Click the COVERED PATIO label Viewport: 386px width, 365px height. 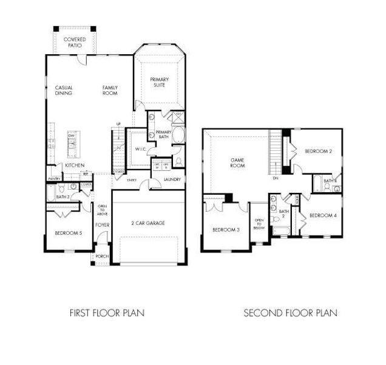75,43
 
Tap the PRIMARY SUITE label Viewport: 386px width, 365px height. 160,82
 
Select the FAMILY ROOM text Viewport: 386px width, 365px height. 110,90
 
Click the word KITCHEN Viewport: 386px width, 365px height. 74,165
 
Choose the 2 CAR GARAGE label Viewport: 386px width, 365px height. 147,223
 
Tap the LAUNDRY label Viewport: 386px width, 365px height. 172,179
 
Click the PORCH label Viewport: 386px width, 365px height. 101,256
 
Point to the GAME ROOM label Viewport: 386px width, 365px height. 237,162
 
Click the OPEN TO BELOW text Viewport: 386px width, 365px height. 259,223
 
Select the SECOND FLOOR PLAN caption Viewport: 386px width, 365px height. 290,313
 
